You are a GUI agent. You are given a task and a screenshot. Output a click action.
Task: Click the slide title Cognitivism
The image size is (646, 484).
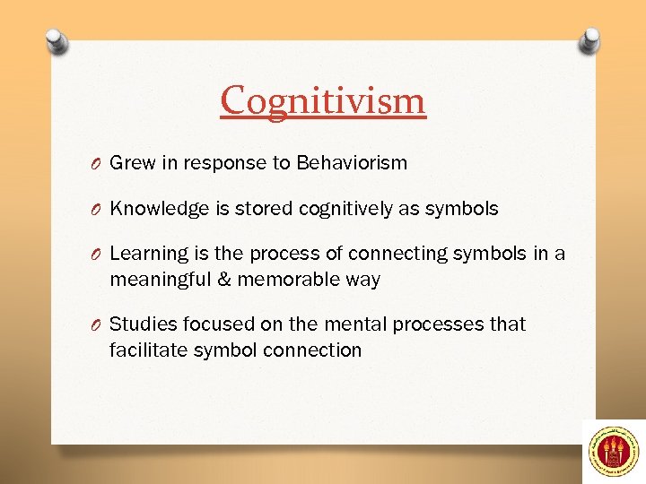click(x=323, y=100)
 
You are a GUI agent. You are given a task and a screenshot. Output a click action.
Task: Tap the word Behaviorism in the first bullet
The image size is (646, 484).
click(x=352, y=163)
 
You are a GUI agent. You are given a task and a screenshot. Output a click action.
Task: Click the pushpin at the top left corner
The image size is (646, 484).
click(x=55, y=42)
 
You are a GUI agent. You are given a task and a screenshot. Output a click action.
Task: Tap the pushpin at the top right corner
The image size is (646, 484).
click(x=590, y=40)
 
